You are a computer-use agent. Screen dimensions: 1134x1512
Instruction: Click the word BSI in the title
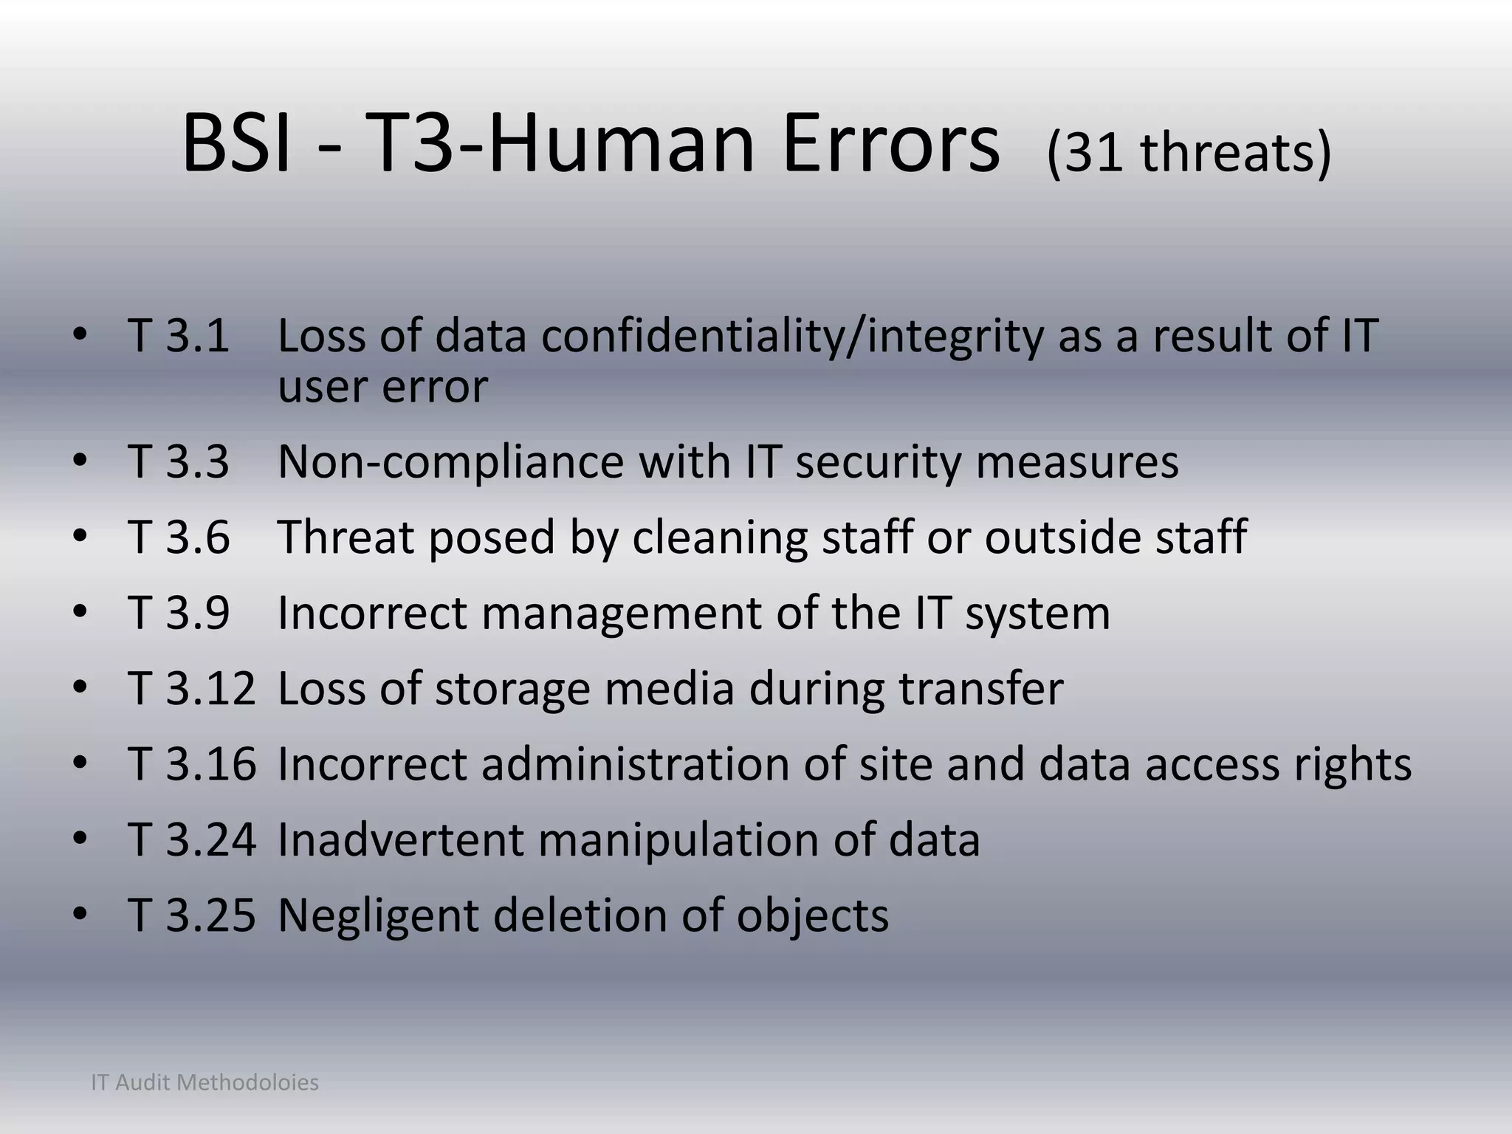(236, 145)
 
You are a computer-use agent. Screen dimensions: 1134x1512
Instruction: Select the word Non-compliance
(450, 462)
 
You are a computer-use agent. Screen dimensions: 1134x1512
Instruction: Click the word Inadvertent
(399, 840)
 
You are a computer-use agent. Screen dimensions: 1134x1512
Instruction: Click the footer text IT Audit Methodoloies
(205, 1083)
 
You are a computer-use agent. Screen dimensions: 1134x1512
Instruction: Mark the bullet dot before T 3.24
(80, 839)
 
